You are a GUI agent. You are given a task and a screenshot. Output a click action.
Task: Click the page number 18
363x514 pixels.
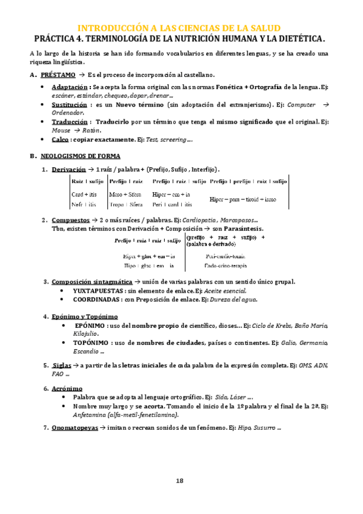click(179, 481)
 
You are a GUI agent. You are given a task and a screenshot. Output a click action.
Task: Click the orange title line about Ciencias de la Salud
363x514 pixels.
click(180, 28)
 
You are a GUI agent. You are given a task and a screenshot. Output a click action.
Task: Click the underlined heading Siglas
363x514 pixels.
click(61, 365)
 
